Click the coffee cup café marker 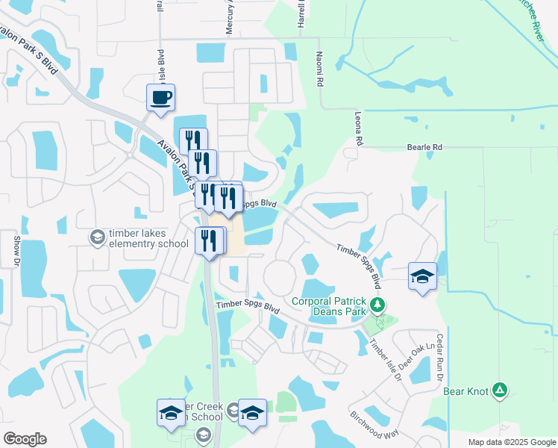(160, 98)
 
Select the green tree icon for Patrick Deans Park (377, 305)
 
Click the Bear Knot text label (465, 391)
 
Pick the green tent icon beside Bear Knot (501, 390)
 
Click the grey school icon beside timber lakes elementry (96, 237)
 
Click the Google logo (25, 438)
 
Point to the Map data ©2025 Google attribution (511, 442)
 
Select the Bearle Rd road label (424, 148)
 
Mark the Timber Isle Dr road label (385, 364)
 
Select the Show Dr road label (16, 251)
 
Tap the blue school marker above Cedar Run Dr (422, 276)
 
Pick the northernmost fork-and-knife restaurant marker (192, 140)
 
